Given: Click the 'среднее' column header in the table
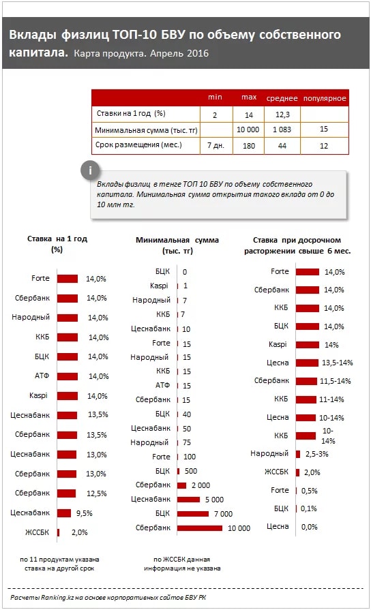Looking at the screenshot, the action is tap(282, 98).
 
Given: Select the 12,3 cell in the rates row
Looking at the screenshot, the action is tap(282, 115).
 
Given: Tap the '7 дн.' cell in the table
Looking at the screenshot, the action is tap(216, 145).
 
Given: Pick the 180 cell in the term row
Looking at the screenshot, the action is tap(249, 146).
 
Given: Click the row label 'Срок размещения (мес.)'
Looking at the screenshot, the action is tap(138, 144).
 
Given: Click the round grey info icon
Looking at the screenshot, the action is tap(90, 170).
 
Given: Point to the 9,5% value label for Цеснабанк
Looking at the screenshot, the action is tap(84, 513).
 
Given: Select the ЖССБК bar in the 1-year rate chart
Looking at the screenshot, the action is tap(59, 532).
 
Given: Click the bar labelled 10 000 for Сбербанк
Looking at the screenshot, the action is tap(200, 528).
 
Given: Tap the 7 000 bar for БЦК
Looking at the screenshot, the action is tap(193, 513).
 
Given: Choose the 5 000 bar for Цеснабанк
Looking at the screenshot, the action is tap(188, 500).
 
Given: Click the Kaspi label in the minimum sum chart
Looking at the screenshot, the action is tap(159, 286).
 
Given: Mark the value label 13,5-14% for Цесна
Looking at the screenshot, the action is tap(337, 363).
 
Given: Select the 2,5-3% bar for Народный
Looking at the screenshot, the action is tap(298, 454).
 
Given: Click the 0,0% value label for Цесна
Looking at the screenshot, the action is tap(310, 527).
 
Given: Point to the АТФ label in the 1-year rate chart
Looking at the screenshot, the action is tap(42, 376).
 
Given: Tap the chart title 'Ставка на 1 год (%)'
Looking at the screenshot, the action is tap(57, 244).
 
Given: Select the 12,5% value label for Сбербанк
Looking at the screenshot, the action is tap(97, 493).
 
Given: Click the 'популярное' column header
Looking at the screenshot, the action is tap(325, 98).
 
